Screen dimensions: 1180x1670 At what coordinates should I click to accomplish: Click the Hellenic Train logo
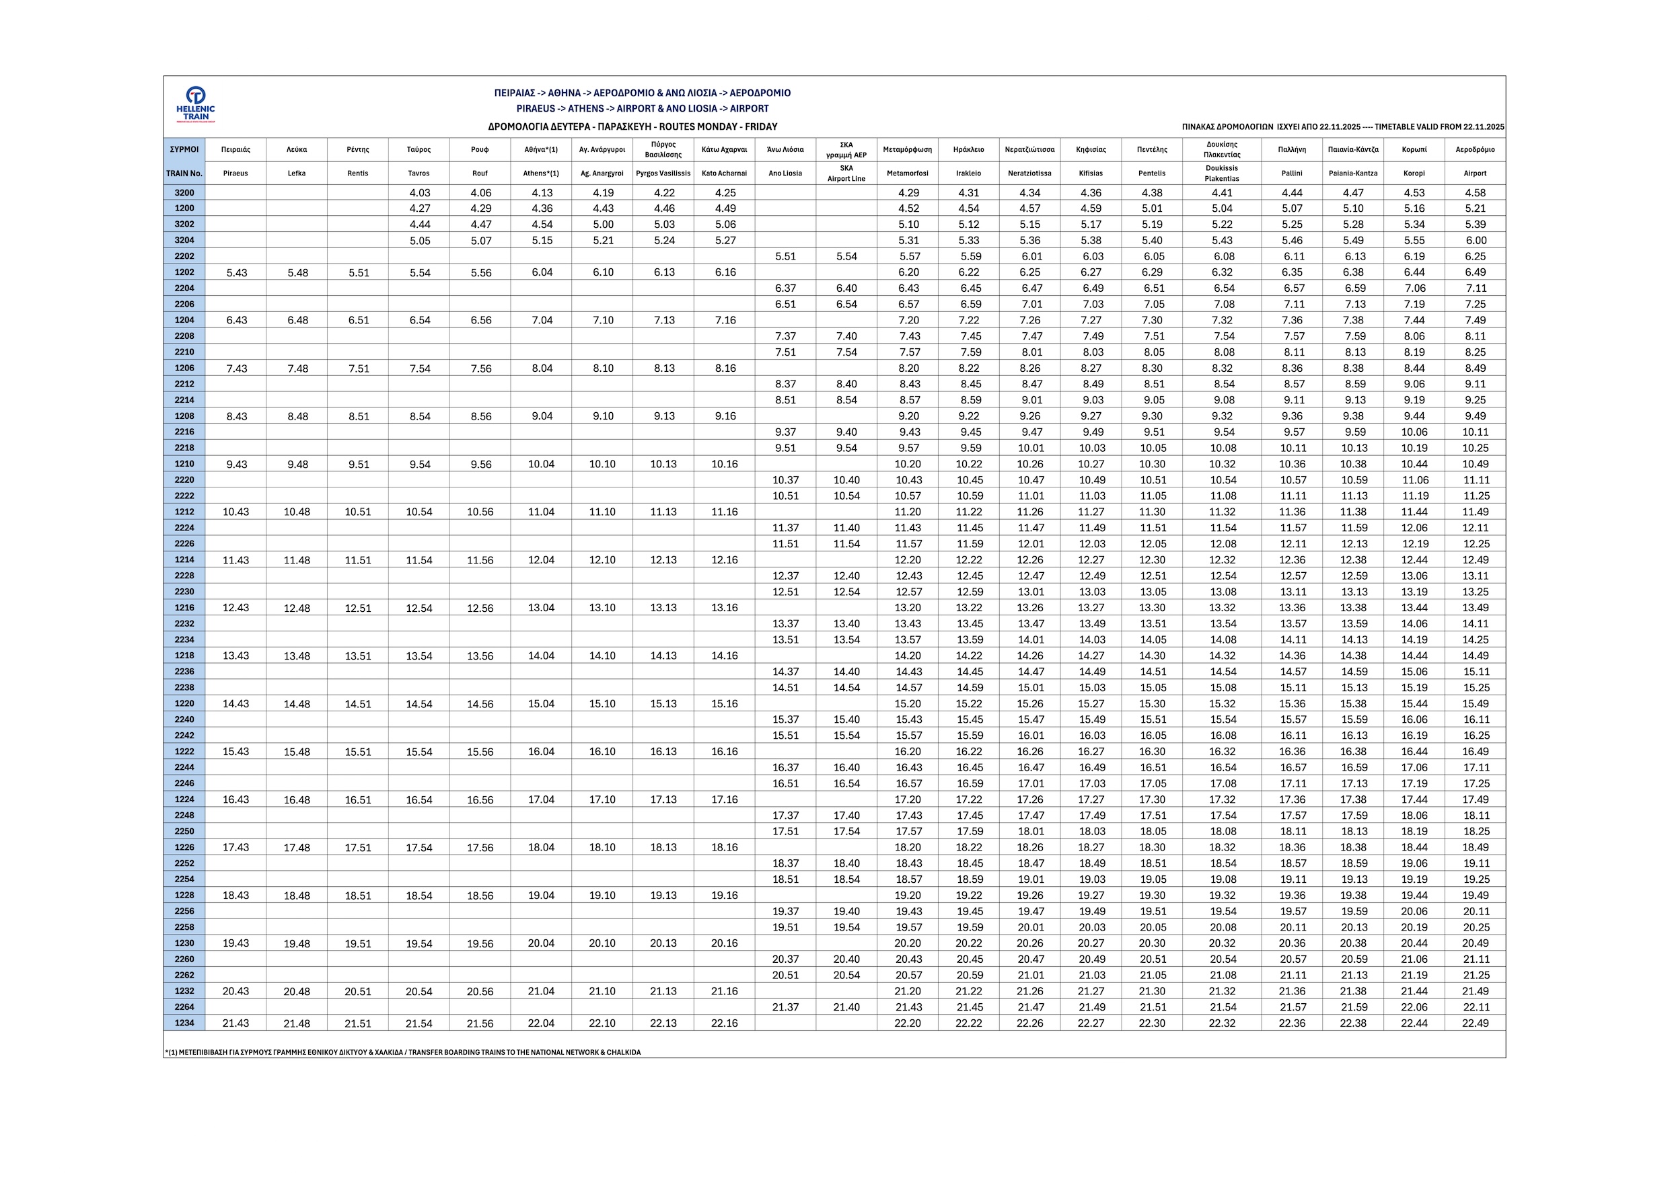(x=196, y=104)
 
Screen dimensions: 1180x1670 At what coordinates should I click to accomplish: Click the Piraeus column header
(x=235, y=173)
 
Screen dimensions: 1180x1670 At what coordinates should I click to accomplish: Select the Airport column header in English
(x=1475, y=173)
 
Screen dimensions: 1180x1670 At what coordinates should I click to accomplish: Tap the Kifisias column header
(x=1091, y=173)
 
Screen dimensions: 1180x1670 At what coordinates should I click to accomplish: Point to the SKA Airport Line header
(x=846, y=173)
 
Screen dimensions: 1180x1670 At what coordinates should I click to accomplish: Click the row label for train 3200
(x=185, y=193)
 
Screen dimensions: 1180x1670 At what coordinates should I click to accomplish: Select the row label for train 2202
(x=185, y=256)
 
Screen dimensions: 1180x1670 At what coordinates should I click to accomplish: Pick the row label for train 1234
(x=185, y=1023)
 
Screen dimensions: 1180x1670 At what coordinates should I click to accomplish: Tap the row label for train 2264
(x=185, y=1007)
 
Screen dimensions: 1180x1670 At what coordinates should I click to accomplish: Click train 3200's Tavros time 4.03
(x=420, y=193)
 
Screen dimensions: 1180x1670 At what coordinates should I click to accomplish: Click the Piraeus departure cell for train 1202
(x=236, y=272)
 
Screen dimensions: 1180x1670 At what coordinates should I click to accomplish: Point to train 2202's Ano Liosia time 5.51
(x=785, y=257)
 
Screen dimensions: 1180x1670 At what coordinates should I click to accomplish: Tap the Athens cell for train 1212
(x=541, y=512)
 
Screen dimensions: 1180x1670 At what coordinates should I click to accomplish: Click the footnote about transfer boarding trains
(x=403, y=1052)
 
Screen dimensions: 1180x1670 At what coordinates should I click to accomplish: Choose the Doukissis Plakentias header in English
(x=1222, y=173)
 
